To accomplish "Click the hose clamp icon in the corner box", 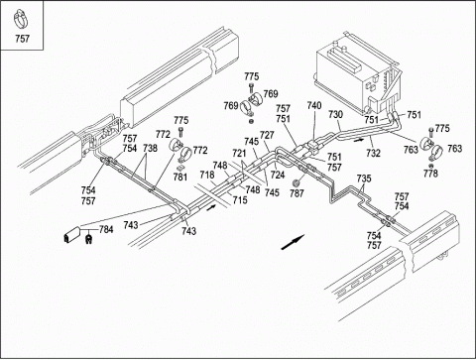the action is pyautogui.click(x=21, y=20).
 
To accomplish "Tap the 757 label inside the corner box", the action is pyautogui.click(x=22, y=39).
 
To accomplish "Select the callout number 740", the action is pyautogui.click(x=314, y=105).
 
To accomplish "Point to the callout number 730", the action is pyautogui.click(x=335, y=114).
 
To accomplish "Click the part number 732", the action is pyautogui.click(x=373, y=153).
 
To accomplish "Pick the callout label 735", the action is pyautogui.click(x=364, y=179).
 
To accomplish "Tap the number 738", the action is pyautogui.click(x=150, y=148).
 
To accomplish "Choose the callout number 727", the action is pyautogui.click(x=267, y=135).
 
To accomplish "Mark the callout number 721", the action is pyautogui.click(x=239, y=153).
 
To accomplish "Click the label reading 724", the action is pyautogui.click(x=278, y=175).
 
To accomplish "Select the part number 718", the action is pyautogui.click(x=207, y=175).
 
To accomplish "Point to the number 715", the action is pyautogui.click(x=240, y=199).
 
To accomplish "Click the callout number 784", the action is pyautogui.click(x=106, y=229).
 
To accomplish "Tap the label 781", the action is pyautogui.click(x=180, y=178).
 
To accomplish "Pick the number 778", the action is pyautogui.click(x=430, y=173).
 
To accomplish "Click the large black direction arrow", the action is pyautogui.click(x=293, y=242).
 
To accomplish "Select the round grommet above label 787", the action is pyautogui.click(x=297, y=182).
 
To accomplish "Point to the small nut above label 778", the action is pyautogui.click(x=430, y=165).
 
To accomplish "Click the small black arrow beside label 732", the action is pyautogui.click(x=358, y=140).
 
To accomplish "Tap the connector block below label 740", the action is pyautogui.click(x=313, y=146).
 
